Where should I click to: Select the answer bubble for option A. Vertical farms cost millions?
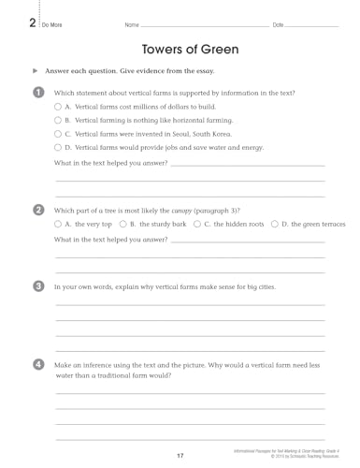pyautogui.click(x=58, y=108)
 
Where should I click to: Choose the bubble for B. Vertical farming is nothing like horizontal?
pyautogui.click(x=58, y=121)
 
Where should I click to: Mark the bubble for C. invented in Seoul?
pyautogui.click(x=58, y=134)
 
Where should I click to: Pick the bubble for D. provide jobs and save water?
pyautogui.click(x=58, y=147)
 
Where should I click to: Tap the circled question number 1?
pyautogui.click(x=37, y=92)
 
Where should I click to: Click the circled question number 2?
pyautogui.click(x=37, y=211)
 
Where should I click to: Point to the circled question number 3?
pyautogui.click(x=37, y=285)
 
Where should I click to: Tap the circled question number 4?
pyautogui.click(x=37, y=362)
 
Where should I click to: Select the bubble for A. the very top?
pyautogui.click(x=58, y=225)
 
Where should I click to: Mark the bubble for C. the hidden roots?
pyautogui.click(x=194, y=225)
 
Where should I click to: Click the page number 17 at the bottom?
pyautogui.click(x=180, y=455)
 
